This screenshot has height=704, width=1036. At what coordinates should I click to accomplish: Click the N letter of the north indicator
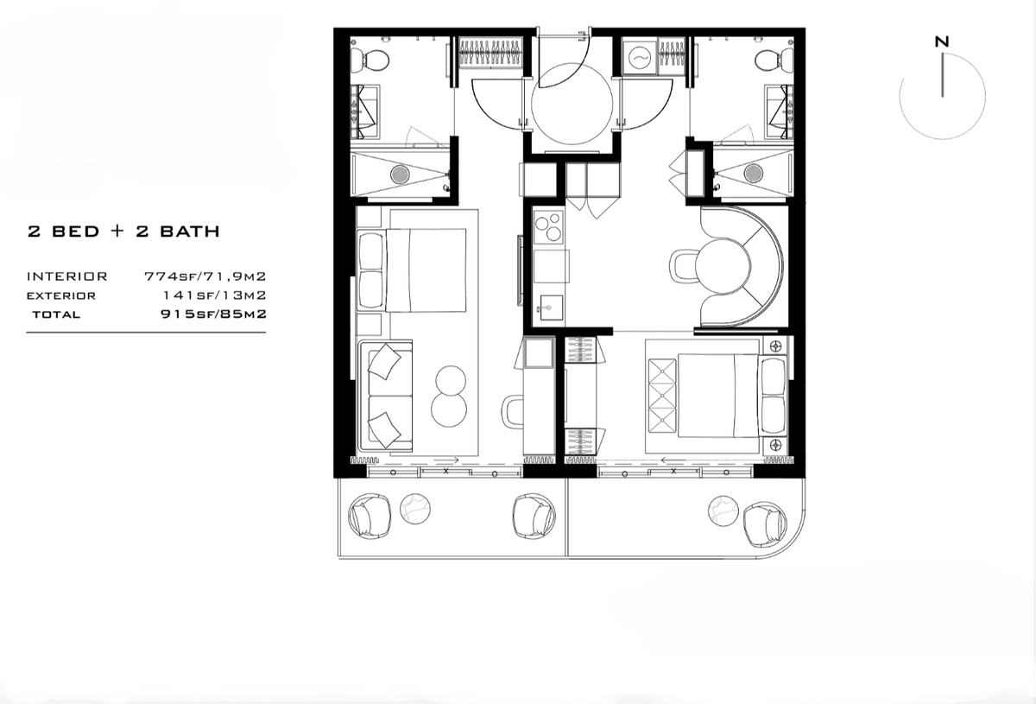[x=942, y=41]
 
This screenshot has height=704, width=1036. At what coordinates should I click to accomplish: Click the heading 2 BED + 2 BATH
[x=123, y=231]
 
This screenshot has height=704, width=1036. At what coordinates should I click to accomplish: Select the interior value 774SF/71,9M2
[x=205, y=276]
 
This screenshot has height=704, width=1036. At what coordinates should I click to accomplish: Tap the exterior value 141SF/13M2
[x=215, y=295]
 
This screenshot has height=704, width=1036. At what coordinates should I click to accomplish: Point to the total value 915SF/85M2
[x=214, y=314]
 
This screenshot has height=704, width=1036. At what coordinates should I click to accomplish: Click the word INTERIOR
[x=67, y=276]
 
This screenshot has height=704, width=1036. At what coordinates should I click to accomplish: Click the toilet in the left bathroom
[x=370, y=60]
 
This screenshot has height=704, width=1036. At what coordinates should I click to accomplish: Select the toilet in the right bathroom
[x=774, y=60]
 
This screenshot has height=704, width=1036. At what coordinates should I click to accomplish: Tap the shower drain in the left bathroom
[x=400, y=174]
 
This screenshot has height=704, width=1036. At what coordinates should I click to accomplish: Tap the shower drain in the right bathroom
[x=754, y=173]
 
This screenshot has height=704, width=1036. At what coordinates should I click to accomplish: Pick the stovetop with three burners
[x=548, y=227]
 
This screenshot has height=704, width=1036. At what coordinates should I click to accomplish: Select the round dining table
[x=722, y=266]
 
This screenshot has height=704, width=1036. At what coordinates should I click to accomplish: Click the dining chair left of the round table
[x=683, y=266]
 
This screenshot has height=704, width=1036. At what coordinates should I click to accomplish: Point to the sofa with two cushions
[x=386, y=396]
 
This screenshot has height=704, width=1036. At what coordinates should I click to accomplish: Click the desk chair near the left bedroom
[x=513, y=411]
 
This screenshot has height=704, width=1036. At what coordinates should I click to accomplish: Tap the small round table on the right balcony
[x=723, y=511]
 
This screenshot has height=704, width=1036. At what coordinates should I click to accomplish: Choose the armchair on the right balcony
[x=765, y=525]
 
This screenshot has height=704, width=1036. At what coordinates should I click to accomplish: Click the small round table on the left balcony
[x=415, y=509]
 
